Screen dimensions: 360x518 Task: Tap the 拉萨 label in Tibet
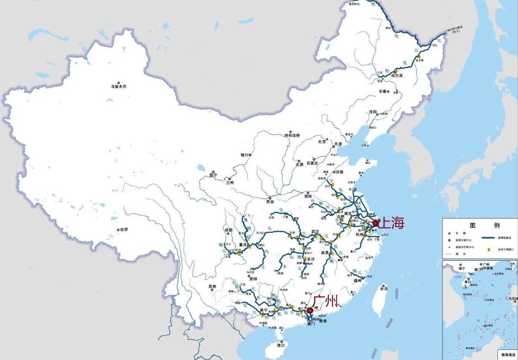124,230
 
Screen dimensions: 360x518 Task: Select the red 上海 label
392,223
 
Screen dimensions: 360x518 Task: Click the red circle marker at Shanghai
376,223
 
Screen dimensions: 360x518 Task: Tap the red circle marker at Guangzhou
310,311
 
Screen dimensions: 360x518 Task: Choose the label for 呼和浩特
292,135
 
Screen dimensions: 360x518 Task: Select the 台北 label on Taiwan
383,289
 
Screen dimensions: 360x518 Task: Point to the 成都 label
229,230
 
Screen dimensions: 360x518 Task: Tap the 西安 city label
269,202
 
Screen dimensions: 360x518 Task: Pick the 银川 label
244,155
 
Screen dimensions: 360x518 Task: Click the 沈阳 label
373,112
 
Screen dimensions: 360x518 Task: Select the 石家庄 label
312,163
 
